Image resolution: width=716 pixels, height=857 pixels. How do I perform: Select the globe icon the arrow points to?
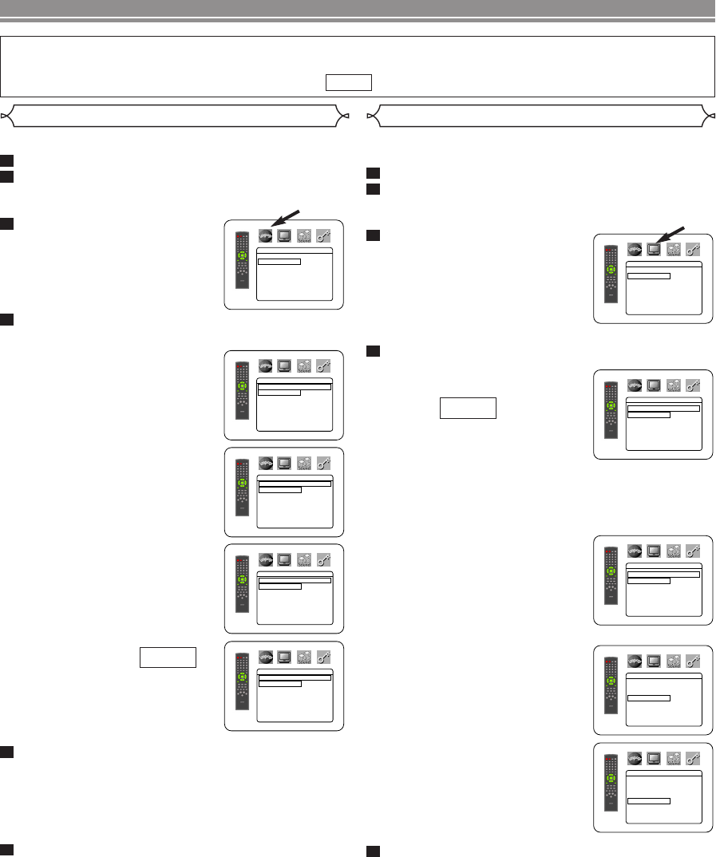click(266, 235)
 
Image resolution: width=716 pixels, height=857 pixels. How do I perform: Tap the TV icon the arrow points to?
click(654, 250)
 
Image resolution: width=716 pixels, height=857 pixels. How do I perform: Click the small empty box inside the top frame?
click(350, 83)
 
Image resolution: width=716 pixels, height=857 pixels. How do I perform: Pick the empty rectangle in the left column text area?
click(168, 657)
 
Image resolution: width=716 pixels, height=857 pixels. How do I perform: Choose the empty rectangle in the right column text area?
click(468, 409)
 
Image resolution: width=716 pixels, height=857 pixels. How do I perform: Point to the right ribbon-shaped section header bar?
click(540, 117)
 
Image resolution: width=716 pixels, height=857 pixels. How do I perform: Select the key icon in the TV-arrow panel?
click(324, 235)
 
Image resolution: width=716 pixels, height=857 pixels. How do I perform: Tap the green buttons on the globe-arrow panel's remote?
click(243, 257)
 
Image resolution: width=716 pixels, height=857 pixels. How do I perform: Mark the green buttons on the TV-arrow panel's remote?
click(611, 270)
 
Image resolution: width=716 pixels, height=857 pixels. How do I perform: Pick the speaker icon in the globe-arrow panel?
click(304, 235)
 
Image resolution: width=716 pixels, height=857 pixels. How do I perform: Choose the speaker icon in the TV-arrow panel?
click(673, 250)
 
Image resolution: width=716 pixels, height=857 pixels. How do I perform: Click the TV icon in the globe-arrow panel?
click(285, 235)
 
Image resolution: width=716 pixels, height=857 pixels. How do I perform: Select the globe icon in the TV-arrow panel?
click(635, 250)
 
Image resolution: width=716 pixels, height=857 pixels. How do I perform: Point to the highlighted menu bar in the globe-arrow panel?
click(279, 260)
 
